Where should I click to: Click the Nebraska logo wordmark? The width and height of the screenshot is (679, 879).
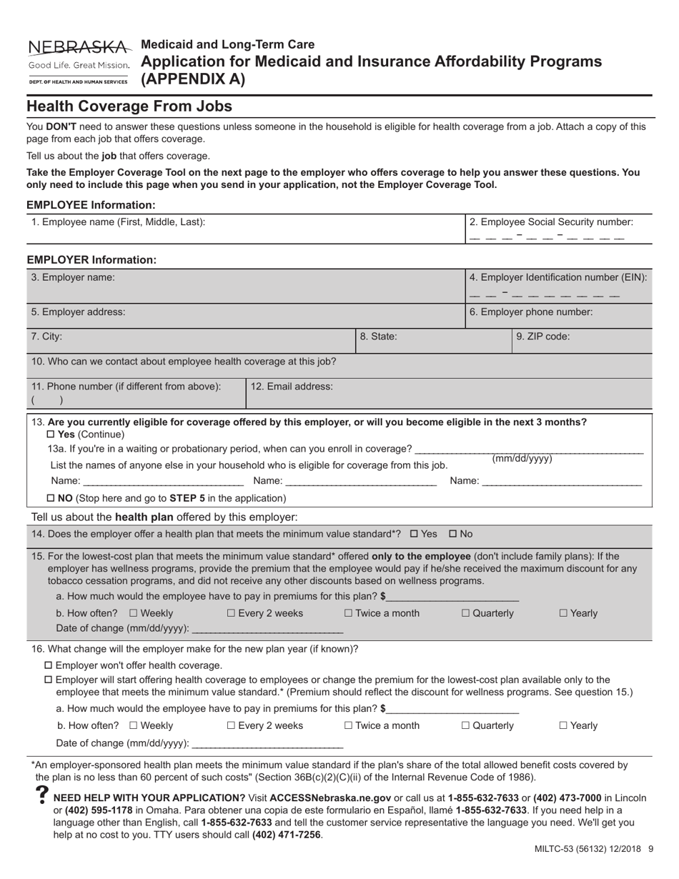click(79, 48)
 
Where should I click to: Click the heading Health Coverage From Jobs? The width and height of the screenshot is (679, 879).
click(129, 106)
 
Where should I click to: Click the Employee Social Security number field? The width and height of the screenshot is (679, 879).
click(547, 237)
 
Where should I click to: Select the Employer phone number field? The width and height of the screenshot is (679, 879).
click(558, 319)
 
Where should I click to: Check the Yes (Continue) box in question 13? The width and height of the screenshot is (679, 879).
click(50, 434)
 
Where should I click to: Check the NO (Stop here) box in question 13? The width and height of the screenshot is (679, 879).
click(50, 498)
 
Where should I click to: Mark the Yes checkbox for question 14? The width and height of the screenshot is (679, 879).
click(415, 534)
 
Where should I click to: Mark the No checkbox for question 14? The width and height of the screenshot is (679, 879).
click(453, 534)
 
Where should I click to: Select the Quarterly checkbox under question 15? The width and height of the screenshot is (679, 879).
click(466, 613)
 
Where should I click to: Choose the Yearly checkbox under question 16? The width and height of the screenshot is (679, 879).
click(563, 725)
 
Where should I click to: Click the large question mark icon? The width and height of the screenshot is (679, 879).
click(41, 798)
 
